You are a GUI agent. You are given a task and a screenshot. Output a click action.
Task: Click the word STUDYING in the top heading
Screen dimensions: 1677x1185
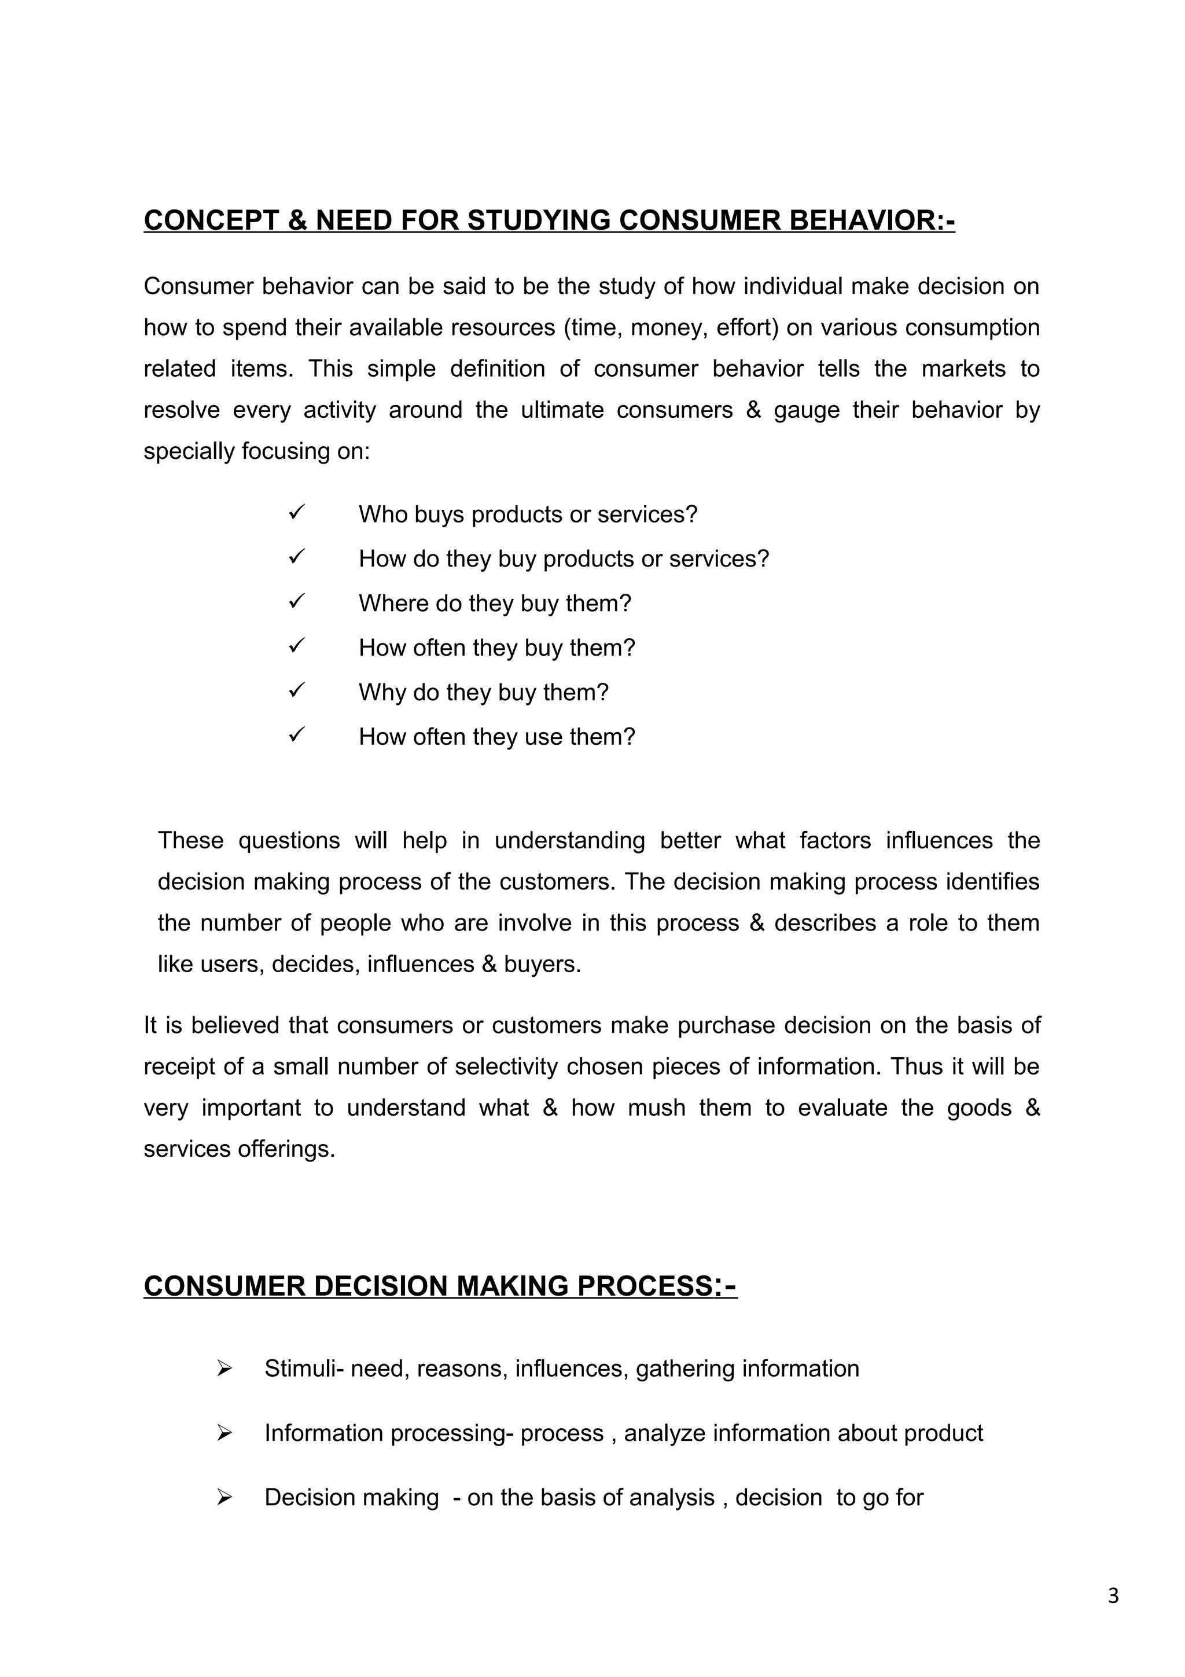pyautogui.click(x=538, y=220)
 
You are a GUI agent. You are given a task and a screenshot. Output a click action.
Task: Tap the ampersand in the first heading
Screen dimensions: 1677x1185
pyautogui.click(x=297, y=220)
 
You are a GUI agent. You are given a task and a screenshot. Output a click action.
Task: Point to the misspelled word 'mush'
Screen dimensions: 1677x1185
pyautogui.click(x=656, y=1108)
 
